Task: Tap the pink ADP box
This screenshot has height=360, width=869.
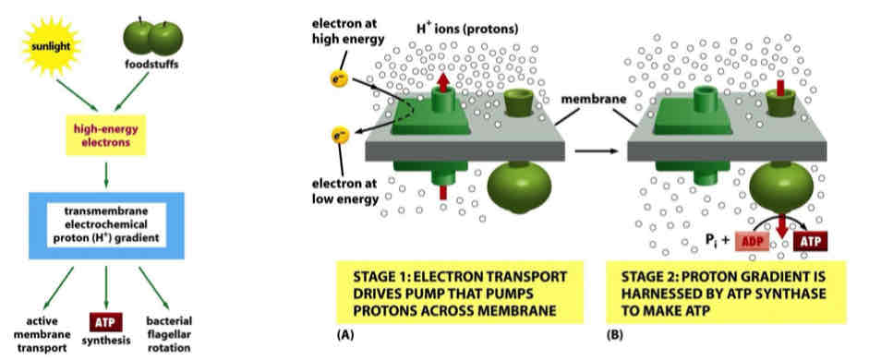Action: coord(756,241)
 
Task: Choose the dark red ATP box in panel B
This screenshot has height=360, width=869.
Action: coord(808,241)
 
